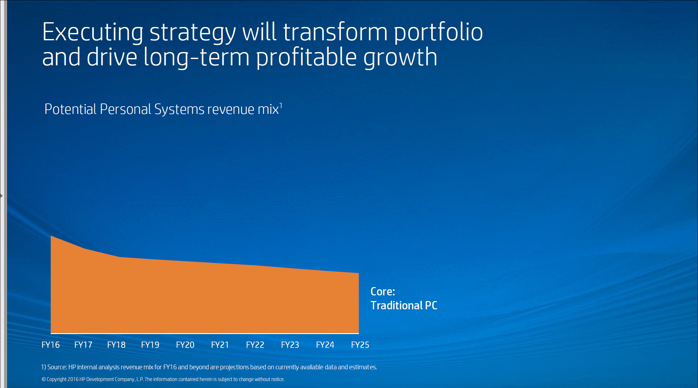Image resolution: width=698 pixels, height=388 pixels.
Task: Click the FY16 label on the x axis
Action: (x=51, y=345)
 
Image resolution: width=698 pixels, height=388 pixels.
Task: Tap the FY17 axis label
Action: (x=83, y=345)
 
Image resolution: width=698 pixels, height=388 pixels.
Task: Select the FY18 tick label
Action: (x=116, y=345)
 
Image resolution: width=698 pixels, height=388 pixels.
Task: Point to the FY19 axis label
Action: (x=150, y=345)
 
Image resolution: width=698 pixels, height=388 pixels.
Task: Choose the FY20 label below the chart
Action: (x=185, y=345)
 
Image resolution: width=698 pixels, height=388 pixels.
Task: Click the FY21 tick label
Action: (x=220, y=345)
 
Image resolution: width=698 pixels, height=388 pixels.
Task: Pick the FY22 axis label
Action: (x=255, y=345)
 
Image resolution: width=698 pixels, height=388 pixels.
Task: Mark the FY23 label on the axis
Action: (x=290, y=345)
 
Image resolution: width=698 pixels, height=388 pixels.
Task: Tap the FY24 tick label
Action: (x=325, y=345)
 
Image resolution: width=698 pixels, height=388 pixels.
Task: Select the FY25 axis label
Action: (x=360, y=345)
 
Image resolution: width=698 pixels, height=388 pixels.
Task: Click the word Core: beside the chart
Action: (x=383, y=292)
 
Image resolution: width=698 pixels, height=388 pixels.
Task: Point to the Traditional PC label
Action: (x=404, y=306)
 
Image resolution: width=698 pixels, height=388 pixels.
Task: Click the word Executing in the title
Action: (x=93, y=32)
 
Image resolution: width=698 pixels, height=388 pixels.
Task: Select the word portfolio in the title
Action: (x=438, y=32)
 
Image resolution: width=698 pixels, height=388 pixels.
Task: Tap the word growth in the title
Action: (x=400, y=58)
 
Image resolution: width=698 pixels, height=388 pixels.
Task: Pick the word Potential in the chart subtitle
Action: (x=70, y=109)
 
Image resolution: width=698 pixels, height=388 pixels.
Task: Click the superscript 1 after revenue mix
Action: (x=281, y=105)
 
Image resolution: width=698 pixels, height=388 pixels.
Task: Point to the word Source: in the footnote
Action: (x=57, y=367)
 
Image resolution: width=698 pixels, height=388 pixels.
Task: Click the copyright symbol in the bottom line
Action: (x=44, y=379)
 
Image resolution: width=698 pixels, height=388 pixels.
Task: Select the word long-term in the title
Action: (x=196, y=58)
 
